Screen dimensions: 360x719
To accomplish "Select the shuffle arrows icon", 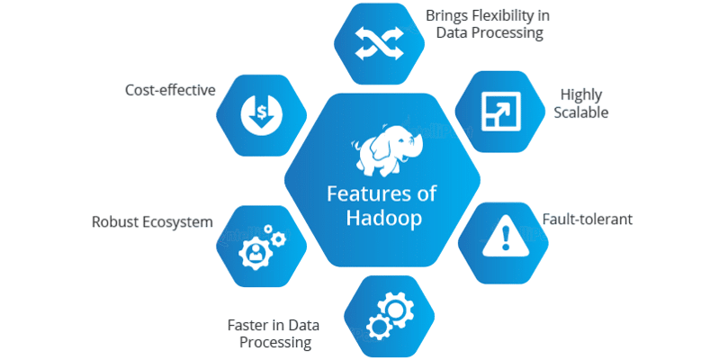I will (372, 41).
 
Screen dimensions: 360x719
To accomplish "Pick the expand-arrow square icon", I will (497, 109).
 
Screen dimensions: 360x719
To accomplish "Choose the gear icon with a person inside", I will (260, 247).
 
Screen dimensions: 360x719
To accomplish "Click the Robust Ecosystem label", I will (152, 221).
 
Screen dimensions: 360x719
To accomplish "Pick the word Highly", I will (580, 94).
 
